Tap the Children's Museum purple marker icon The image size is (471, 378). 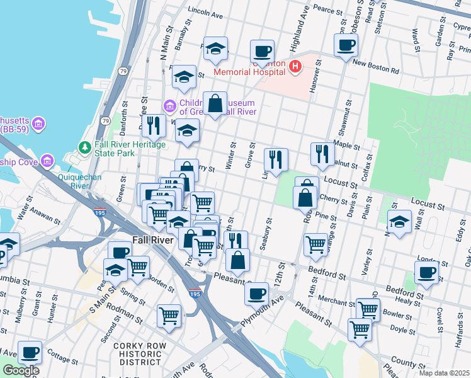169,105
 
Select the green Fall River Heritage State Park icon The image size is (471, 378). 84,147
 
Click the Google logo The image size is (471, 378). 21,370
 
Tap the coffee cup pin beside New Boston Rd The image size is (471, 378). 346,46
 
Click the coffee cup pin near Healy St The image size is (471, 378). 427,273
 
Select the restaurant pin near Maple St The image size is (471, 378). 322,154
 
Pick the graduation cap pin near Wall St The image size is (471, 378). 399,222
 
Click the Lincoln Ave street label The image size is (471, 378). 205,13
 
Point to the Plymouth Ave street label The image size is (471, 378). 258,316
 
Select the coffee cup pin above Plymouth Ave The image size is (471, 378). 256,293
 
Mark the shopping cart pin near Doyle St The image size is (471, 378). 360,329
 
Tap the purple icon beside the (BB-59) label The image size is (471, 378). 39,122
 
